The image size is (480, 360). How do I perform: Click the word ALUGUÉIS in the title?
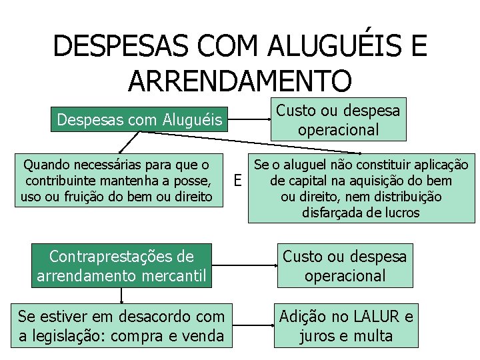329,46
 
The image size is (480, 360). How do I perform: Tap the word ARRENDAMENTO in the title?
239,80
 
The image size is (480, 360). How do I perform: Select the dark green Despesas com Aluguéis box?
141,120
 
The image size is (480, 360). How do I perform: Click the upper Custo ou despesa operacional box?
338,120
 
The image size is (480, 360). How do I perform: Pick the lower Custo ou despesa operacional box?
345,265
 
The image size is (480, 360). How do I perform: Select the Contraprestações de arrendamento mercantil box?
122,265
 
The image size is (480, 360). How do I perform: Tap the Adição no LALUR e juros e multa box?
346,325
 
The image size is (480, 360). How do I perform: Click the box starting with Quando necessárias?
117,180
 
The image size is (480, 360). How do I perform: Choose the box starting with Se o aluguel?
361,189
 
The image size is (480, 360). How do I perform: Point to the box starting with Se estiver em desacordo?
122,325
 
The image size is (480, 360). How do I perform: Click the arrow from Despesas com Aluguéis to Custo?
250,121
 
